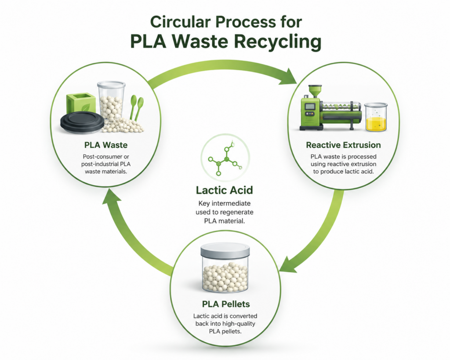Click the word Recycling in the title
tap(278, 42)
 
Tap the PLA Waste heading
tap(106, 145)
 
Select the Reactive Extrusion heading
tap(343, 145)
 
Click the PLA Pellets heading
tap(226, 304)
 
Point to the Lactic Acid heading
tap(225, 190)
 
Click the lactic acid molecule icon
tap(225, 158)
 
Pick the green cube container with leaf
tap(81, 104)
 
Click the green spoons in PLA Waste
tap(137, 107)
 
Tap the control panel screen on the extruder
tap(310, 106)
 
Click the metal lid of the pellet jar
tap(225, 250)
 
